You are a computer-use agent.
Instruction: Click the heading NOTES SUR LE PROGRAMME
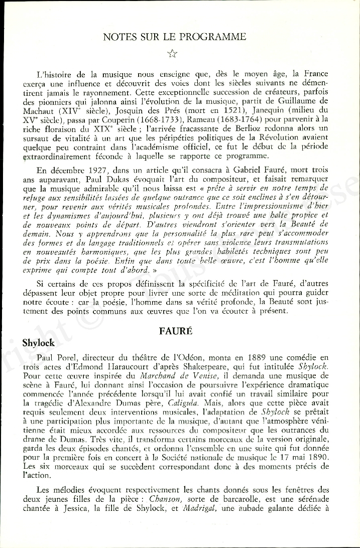[x=174, y=37]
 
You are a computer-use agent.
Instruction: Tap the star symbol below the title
[x=173, y=53]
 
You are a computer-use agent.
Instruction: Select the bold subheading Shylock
[x=38, y=343]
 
